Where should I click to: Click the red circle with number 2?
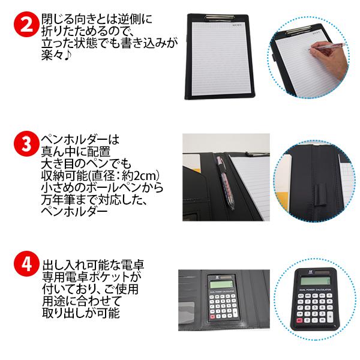tap(23, 25)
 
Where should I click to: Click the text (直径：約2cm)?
tap(124, 176)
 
